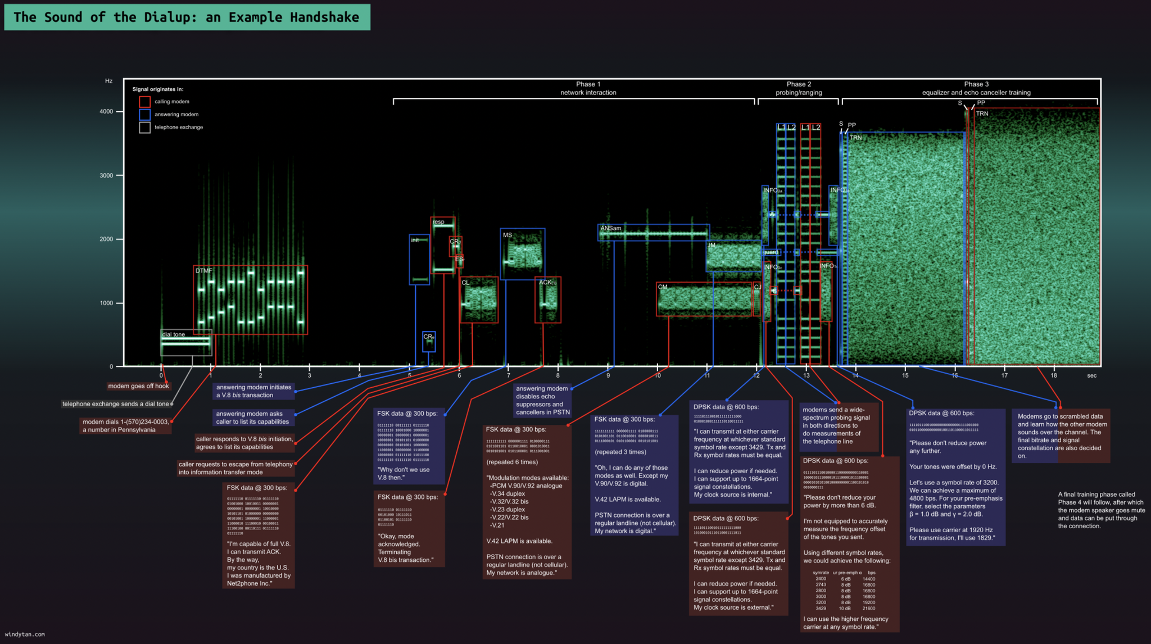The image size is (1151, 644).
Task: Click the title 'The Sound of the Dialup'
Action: [x=186, y=17]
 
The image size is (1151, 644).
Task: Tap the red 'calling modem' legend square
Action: [x=144, y=102]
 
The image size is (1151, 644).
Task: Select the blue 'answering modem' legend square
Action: [x=144, y=115]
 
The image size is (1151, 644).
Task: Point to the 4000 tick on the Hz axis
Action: [x=107, y=111]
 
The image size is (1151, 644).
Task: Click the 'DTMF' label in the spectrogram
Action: [x=203, y=271]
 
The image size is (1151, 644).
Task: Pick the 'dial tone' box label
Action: [x=173, y=334]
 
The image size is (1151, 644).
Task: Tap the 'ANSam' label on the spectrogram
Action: [x=610, y=229]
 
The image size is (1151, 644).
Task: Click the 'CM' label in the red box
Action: [x=663, y=287]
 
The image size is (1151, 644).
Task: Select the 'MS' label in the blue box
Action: [x=507, y=235]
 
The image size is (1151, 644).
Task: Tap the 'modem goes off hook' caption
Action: [x=138, y=386]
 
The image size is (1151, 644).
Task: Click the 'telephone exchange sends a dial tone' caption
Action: [x=116, y=404]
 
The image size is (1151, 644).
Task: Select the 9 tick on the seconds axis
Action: [x=608, y=375]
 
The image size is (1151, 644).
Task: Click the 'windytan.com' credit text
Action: [x=25, y=634]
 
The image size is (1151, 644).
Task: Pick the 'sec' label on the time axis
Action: [x=1091, y=375]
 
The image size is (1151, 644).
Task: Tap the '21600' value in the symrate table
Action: [x=868, y=609]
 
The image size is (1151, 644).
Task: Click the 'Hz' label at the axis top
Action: [x=108, y=81]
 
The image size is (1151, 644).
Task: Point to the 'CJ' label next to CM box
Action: [x=757, y=287]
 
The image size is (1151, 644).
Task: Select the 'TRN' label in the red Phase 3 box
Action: [x=982, y=114]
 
